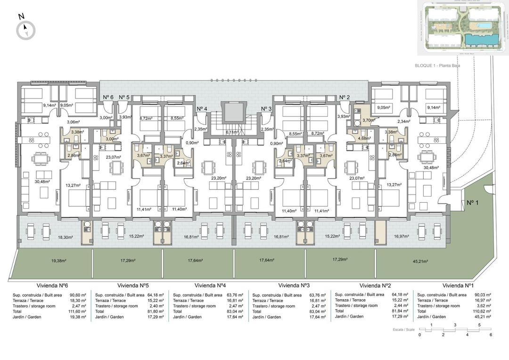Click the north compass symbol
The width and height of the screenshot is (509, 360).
(25, 30)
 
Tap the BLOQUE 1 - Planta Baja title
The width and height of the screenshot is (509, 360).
(437, 66)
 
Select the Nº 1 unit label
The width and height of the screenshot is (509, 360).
(473, 203)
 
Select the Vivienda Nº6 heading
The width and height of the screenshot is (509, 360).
(53, 286)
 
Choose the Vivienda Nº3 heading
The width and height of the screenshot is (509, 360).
(294, 286)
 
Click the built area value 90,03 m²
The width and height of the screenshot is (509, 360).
(482, 295)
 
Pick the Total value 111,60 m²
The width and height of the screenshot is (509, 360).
(77, 311)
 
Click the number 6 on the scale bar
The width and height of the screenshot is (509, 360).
(491, 335)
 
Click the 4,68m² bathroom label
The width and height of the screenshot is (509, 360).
(364, 139)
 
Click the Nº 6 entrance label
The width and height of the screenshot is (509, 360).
(108, 98)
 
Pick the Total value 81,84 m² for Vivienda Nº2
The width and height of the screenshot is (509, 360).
(402, 311)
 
